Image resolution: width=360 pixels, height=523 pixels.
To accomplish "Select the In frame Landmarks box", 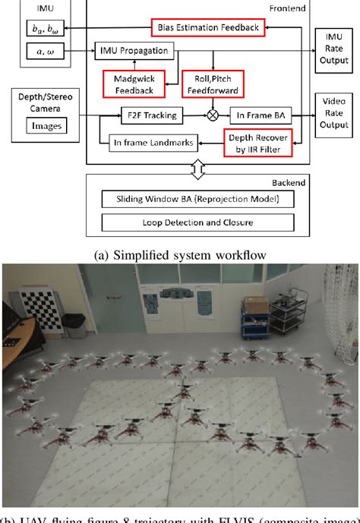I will pyautogui.click(x=144, y=142).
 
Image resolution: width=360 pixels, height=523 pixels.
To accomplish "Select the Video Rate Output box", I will pyautogui.click(x=334, y=115).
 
